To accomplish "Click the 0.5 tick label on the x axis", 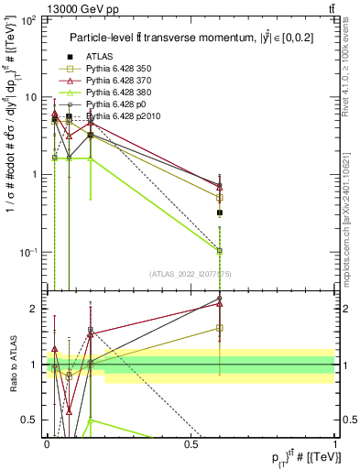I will (191, 443).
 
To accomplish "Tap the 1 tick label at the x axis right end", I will (335, 443).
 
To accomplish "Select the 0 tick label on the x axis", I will (47, 443).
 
